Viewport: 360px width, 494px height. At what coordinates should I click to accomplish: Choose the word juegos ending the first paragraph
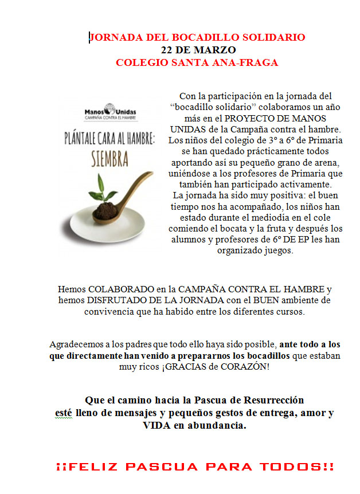click(x=277, y=250)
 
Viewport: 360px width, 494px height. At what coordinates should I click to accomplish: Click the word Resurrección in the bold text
click(x=269, y=399)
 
